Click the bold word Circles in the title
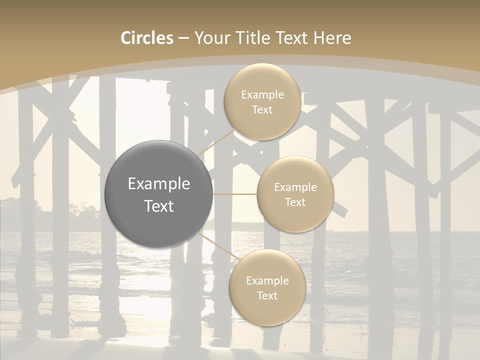coord(147,38)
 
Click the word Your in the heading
coord(211,38)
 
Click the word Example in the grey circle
coord(159,184)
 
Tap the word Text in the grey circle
coord(159,206)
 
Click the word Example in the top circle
coord(262,95)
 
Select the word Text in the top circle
coord(262,110)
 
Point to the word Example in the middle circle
coord(295,187)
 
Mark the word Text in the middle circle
coord(295,202)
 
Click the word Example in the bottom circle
coord(267,281)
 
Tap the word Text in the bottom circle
coord(267,296)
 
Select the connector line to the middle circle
coord(235,194)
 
